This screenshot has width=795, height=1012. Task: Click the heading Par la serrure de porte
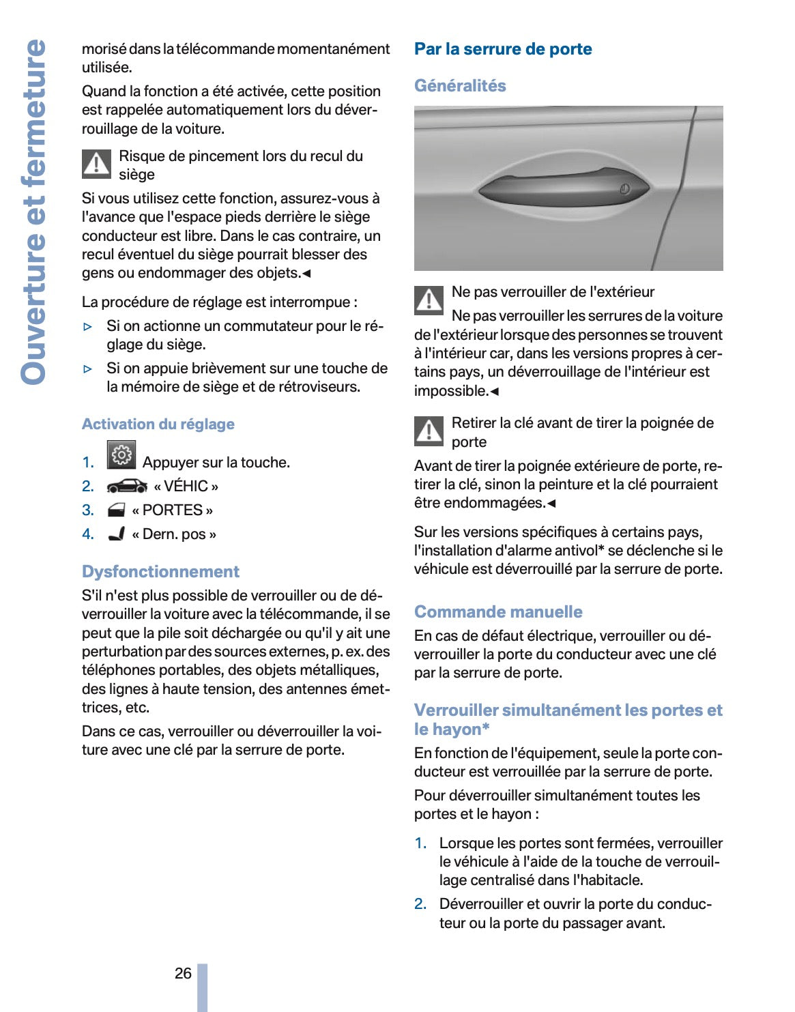tap(503, 49)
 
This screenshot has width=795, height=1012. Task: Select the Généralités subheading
tap(460, 86)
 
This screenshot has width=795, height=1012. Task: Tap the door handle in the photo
tap(563, 188)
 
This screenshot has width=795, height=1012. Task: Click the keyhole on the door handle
tap(624, 189)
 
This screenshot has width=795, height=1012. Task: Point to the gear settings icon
tap(121, 455)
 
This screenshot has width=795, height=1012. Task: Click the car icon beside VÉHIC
tap(127, 487)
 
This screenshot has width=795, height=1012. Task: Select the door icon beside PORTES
tap(117, 510)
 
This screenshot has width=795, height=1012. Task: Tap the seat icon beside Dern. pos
tap(117, 534)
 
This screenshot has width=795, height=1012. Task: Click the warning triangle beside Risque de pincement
tap(97, 164)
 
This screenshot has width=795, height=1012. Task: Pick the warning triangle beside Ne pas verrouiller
tap(429, 300)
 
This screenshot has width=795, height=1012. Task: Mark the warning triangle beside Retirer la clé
tap(429, 431)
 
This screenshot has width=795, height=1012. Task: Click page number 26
tap(183, 973)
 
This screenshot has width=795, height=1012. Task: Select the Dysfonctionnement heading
tap(160, 572)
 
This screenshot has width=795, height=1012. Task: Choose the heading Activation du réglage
tap(158, 424)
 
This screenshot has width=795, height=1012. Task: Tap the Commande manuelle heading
tap(498, 612)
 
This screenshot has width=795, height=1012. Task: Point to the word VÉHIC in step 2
tap(186, 487)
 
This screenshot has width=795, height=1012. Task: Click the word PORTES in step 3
tap(173, 510)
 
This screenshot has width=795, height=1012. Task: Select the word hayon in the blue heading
tap(457, 729)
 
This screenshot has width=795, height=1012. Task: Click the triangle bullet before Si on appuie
tap(87, 369)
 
